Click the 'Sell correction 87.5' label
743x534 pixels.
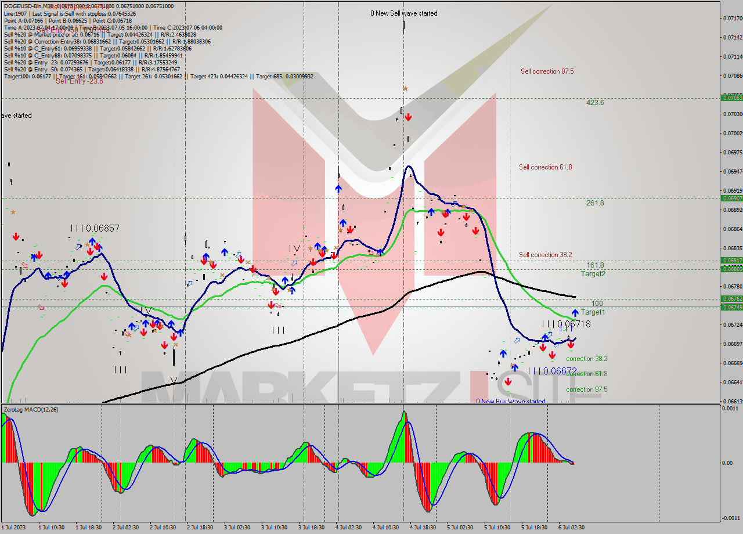click(x=547, y=71)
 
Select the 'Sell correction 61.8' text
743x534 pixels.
click(x=545, y=167)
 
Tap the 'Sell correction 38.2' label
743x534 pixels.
click(x=545, y=255)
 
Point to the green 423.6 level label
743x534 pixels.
click(x=595, y=103)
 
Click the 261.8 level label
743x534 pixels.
click(x=595, y=203)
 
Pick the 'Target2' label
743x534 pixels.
click(x=593, y=274)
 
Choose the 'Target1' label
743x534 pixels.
click(x=593, y=312)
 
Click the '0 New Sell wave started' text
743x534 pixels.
click(x=404, y=13)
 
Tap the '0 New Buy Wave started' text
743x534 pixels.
click(x=511, y=401)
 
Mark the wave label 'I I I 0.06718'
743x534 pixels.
click(x=566, y=324)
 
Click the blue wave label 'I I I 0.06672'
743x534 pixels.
click(x=552, y=371)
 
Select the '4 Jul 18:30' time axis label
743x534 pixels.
click(x=423, y=528)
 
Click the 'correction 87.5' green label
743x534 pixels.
click(x=587, y=389)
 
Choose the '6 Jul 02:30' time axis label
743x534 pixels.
click(x=572, y=528)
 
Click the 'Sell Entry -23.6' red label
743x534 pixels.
click(x=79, y=81)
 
